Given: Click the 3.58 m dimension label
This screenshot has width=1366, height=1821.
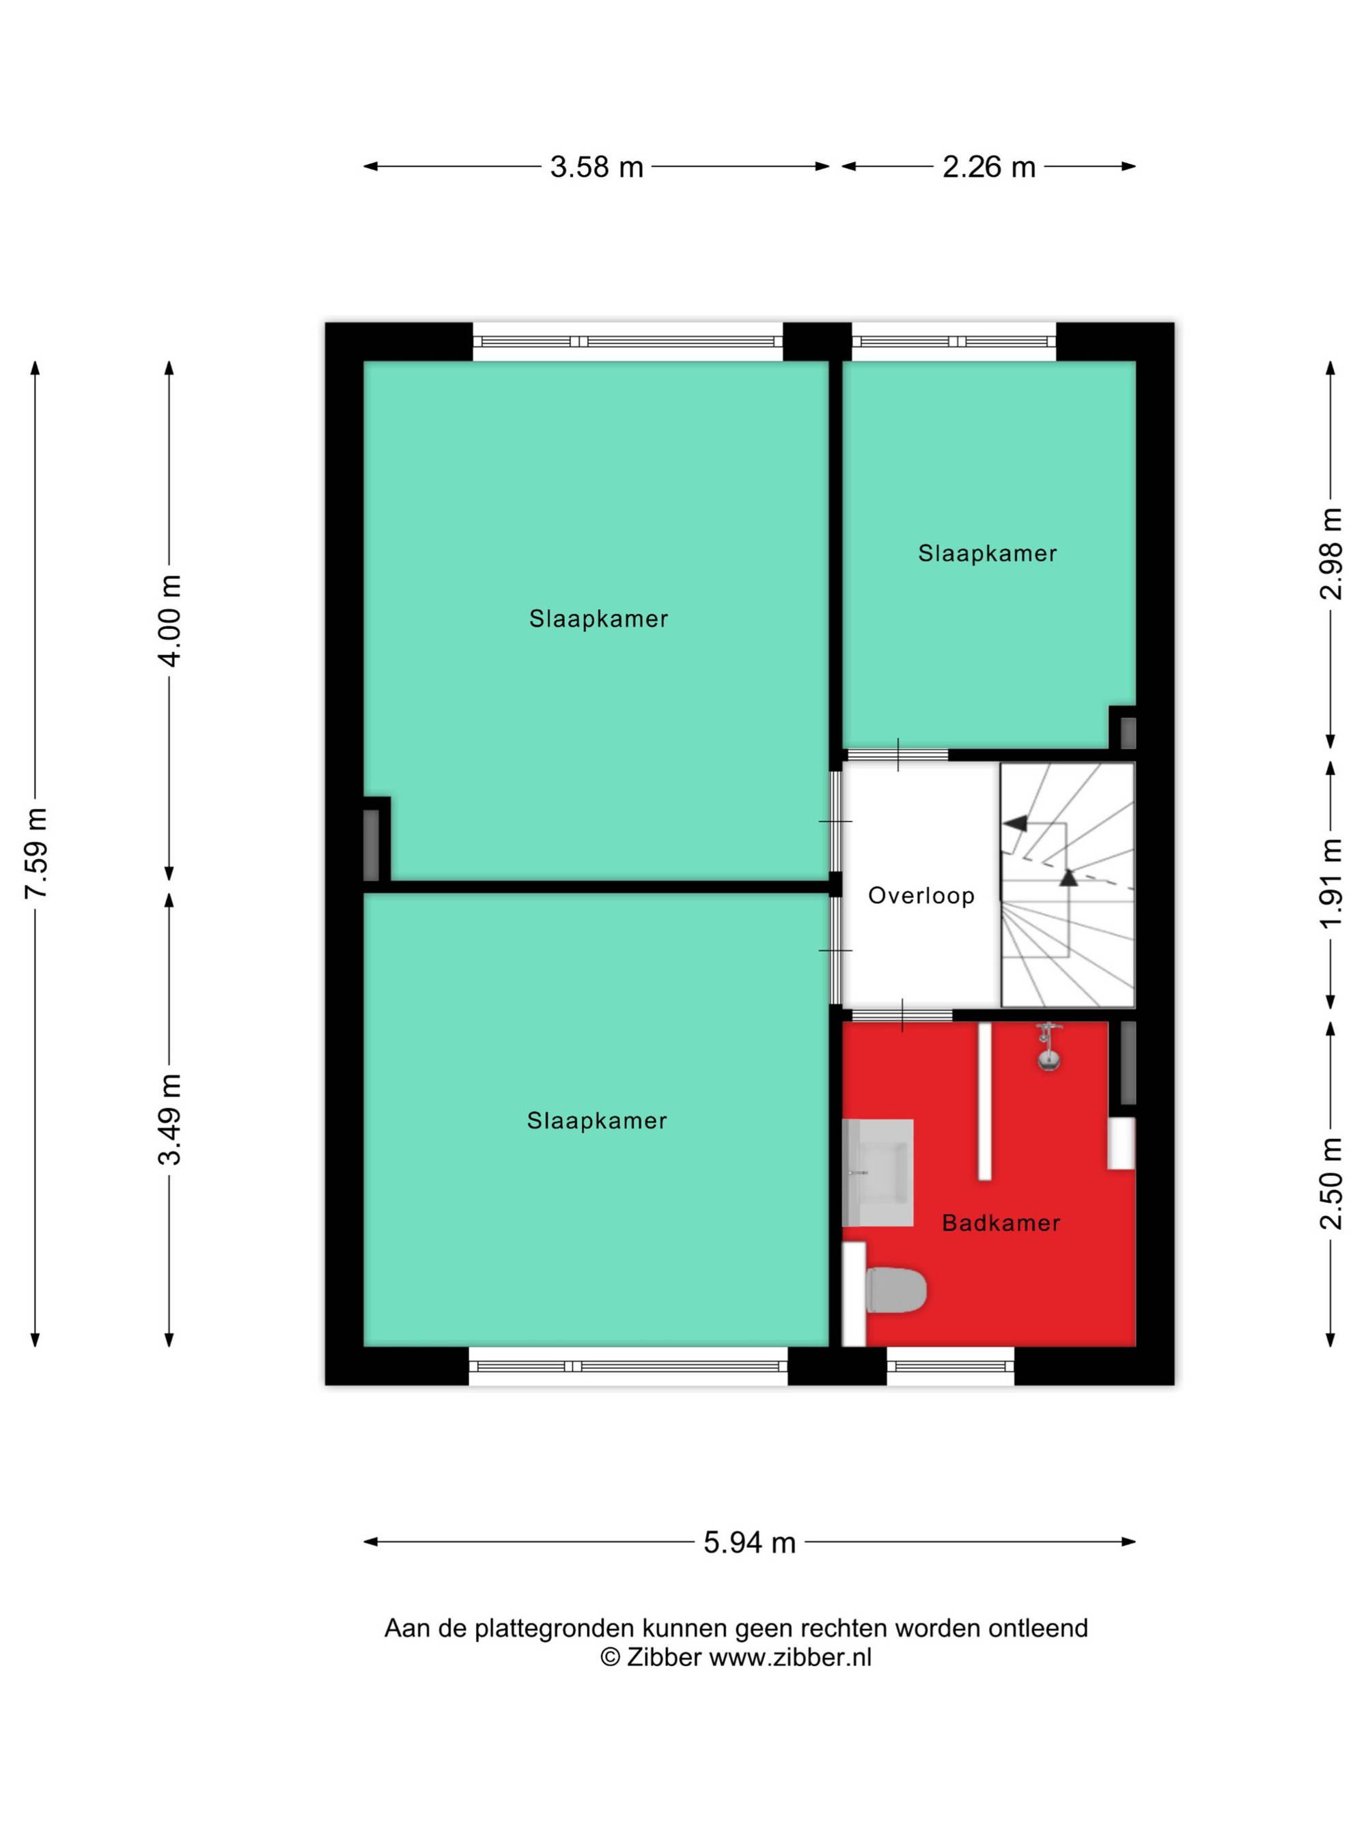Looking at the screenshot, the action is coord(596,167).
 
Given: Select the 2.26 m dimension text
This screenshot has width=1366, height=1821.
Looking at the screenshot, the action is coord(988,167).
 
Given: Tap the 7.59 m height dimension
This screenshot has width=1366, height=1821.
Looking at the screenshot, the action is coord(36,853).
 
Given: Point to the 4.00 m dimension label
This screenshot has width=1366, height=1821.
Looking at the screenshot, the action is coord(169,621).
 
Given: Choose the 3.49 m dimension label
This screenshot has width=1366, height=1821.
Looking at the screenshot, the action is coord(169,1120).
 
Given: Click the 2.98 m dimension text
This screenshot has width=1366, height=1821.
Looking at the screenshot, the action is coord(1330,553).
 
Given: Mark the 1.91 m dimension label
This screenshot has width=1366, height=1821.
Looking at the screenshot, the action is coord(1330,884).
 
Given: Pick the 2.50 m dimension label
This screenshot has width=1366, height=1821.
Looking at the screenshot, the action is coord(1330,1183).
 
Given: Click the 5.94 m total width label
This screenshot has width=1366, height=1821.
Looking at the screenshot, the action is coord(749,1542).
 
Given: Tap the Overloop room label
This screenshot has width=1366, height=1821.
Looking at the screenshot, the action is coord(921,896).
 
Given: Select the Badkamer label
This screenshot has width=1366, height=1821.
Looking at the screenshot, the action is coord(1001,1222).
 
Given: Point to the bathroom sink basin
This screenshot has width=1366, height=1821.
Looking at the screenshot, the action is coord(878,1172).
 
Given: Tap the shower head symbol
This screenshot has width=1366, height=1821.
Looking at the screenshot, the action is coord(1048,1046).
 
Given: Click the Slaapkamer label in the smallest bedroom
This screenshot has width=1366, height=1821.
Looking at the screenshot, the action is coord(987,553).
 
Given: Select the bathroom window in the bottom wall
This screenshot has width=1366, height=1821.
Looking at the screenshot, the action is coord(950,1366).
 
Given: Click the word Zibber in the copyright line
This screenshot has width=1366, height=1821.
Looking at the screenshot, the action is coord(664,1657).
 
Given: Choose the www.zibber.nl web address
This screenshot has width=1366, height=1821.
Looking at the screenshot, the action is coord(790,1657).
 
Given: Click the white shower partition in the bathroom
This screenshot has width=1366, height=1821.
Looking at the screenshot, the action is coord(984,1101).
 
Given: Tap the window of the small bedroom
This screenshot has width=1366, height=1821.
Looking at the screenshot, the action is coord(953,341).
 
